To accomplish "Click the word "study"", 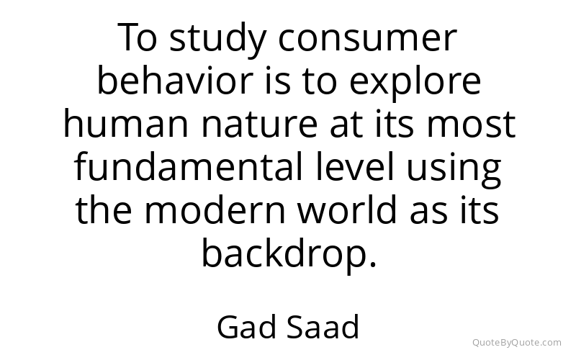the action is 218,40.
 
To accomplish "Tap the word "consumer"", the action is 367,40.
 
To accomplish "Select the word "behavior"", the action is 175,80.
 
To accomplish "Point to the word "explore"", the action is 415,83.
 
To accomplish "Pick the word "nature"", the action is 259,125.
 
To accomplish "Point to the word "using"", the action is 454,169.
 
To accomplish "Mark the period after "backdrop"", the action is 373,263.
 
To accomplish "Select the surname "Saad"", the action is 322,327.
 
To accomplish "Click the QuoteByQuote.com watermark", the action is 516,343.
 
